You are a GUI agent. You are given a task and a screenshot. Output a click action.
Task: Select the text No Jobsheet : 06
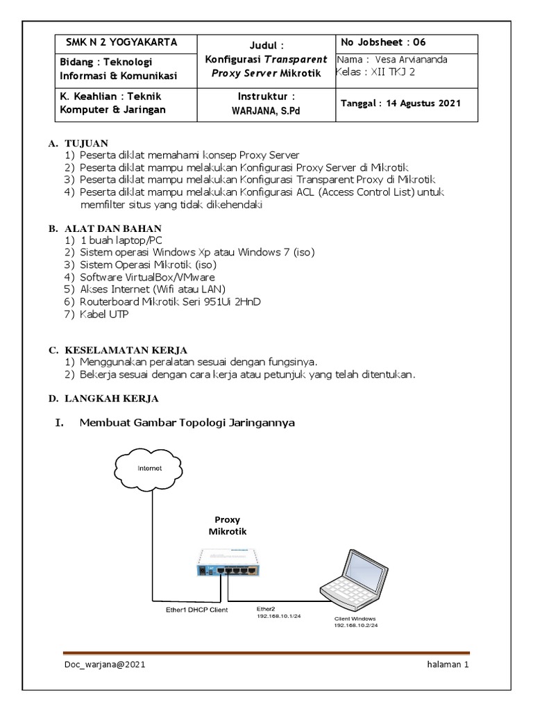383,42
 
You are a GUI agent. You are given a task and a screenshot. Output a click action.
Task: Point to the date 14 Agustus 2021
423,103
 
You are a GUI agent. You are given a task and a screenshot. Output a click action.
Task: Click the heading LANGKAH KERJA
112,399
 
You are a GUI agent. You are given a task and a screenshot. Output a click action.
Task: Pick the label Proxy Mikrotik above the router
228,526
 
